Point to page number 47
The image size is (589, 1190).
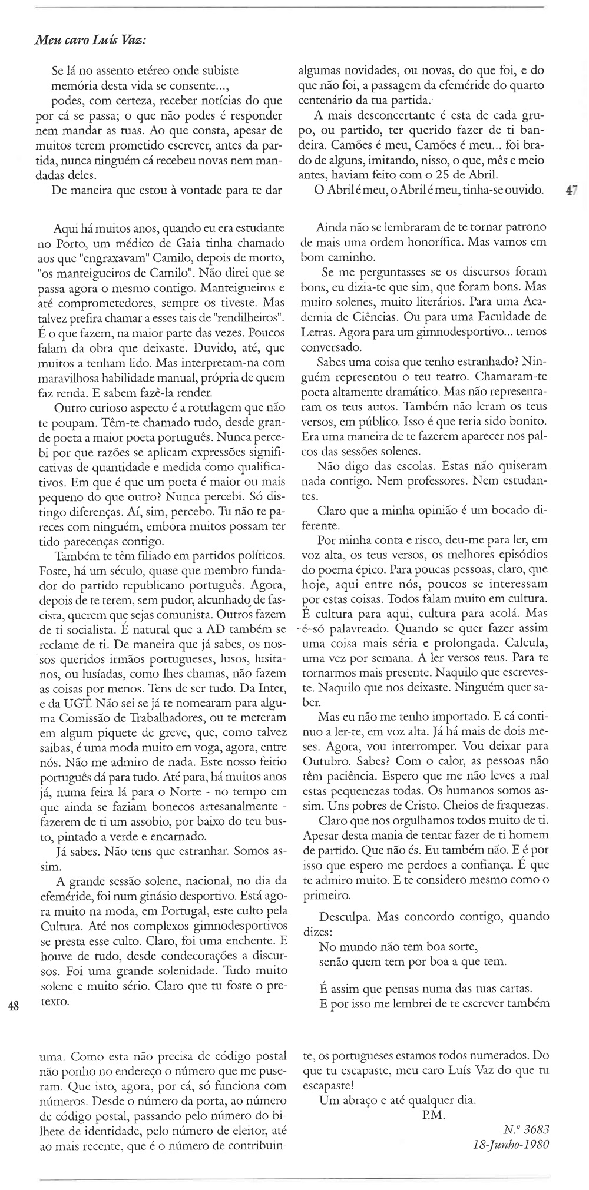[571, 190]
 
